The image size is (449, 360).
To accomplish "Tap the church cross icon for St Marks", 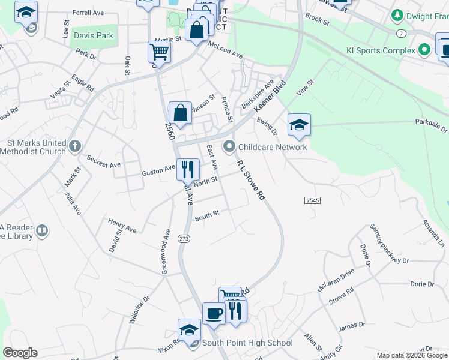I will [74, 146].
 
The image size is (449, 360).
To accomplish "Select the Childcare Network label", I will [273, 146].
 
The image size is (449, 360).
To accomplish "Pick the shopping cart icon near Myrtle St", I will [159, 52].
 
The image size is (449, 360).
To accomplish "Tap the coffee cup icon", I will [214, 313].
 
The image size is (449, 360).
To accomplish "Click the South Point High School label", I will [247, 343].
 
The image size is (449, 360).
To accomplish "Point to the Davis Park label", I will [94, 35].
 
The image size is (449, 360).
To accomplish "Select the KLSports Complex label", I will [381, 50].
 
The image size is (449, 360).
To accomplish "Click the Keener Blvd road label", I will [268, 96].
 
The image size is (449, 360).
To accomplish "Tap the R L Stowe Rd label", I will [251, 180].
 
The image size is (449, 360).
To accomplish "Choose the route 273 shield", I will [184, 239].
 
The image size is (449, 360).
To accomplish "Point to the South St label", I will [207, 214].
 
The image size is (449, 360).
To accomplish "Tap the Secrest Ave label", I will [104, 160].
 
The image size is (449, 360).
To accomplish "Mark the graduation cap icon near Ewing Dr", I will [299, 124].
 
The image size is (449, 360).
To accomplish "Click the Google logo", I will [20, 353].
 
